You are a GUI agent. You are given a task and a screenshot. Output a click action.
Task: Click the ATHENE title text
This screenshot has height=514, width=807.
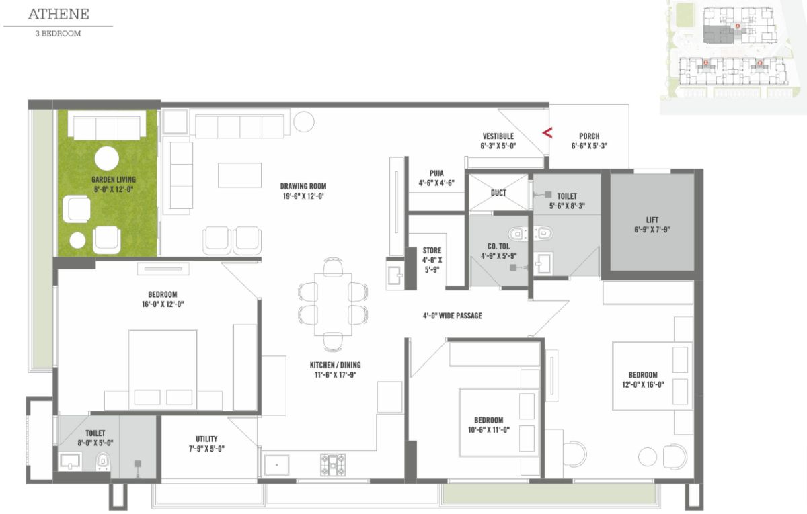point(59,14)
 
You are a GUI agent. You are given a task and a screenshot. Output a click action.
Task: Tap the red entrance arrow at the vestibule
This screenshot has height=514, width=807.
point(547,133)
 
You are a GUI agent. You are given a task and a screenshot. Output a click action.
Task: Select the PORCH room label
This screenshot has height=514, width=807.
point(589,136)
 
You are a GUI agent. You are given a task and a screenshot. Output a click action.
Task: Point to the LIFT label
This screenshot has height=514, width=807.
point(652,220)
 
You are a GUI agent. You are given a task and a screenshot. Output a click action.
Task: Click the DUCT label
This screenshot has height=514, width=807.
point(498,193)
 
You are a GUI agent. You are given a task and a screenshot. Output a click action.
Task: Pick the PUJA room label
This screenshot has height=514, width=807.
point(436,173)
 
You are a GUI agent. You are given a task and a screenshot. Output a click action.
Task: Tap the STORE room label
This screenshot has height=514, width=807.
point(432,250)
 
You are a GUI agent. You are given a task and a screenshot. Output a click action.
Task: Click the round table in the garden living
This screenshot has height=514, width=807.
point(107,159)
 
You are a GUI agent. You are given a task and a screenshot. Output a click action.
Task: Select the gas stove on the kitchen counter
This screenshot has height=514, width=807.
point(333,465)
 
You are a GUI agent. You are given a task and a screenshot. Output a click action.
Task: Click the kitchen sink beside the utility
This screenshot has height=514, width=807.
point(276,465)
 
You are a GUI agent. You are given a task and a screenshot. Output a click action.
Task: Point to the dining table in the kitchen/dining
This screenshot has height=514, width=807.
point(333,304)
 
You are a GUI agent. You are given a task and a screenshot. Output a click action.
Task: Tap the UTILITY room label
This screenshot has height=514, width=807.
point(206,439)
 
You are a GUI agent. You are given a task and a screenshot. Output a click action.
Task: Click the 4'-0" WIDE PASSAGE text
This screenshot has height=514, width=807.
point(452,316)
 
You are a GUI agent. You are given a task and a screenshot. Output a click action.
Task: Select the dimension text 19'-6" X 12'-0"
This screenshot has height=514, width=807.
point(303,196)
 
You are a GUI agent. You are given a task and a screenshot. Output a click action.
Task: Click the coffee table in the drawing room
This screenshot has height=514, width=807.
point(239,175)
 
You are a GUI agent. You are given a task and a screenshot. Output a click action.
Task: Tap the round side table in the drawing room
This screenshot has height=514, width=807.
point(304,122)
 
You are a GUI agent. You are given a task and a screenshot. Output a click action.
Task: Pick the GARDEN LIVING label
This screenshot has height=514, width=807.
point(114,179)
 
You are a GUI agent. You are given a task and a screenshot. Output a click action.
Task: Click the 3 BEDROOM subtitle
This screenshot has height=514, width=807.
point(58,34)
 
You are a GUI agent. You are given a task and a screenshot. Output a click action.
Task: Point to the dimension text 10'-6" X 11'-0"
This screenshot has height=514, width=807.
point(488,430)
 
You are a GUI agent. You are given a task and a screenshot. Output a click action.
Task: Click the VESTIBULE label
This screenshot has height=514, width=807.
point(498,136)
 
